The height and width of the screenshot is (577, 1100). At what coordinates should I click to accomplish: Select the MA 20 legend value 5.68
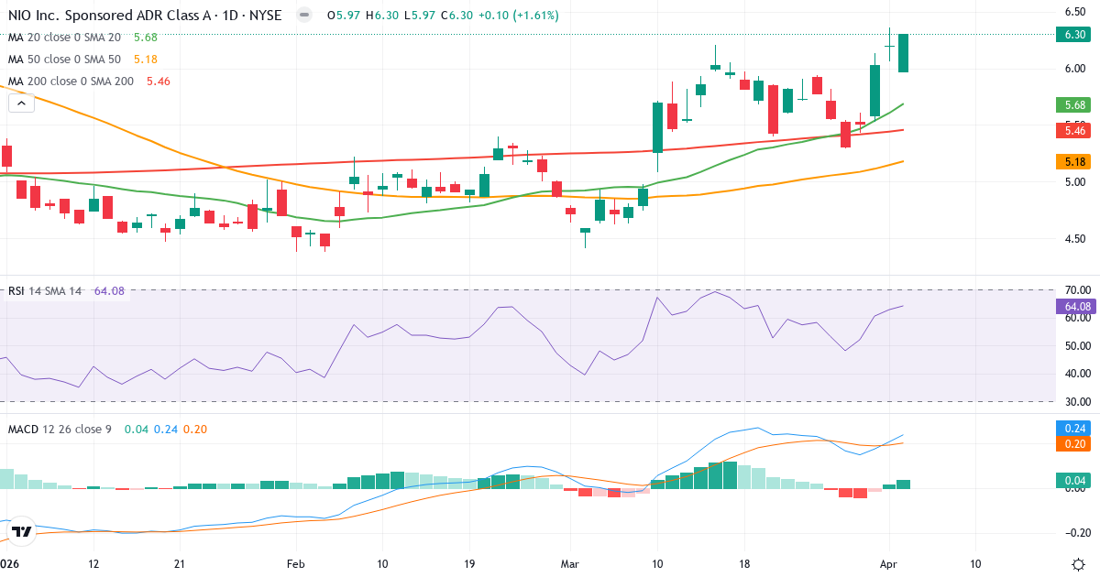(x=146, y=37)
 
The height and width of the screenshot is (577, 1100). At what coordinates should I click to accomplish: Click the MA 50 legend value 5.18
(x=146, y=59)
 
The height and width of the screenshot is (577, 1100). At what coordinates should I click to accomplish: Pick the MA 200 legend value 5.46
(x=158, y=81)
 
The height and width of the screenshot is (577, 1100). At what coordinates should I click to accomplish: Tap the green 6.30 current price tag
(x=1075, y=35)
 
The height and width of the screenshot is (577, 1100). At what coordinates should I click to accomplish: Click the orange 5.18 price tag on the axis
(x=1075, y=161)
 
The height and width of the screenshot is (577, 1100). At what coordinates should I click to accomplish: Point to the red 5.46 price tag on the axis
(x=1075, y=131)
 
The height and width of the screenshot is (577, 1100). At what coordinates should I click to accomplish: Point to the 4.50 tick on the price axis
(x=1075, y=239)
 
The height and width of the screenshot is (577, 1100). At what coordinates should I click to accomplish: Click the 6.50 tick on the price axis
(x=1075, y=12)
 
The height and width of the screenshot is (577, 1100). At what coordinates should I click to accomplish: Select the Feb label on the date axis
(x=294, y=563)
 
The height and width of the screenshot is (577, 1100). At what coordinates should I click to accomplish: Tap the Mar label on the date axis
(x=570, y=563)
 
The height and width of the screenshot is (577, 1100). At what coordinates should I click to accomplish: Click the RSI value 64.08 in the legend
(x=109, y=291)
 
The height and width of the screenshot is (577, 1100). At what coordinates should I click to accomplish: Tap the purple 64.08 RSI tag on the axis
(x=1075, y=306)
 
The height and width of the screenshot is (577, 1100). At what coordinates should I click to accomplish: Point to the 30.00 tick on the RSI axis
(x=1075, y=401)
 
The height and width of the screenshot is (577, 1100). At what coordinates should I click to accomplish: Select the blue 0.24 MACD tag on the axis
(x=1075, y=428)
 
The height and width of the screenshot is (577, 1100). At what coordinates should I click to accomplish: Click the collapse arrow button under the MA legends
(x=21, y=103)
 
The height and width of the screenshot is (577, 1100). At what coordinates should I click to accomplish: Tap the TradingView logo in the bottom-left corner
(x=21, y=531)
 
